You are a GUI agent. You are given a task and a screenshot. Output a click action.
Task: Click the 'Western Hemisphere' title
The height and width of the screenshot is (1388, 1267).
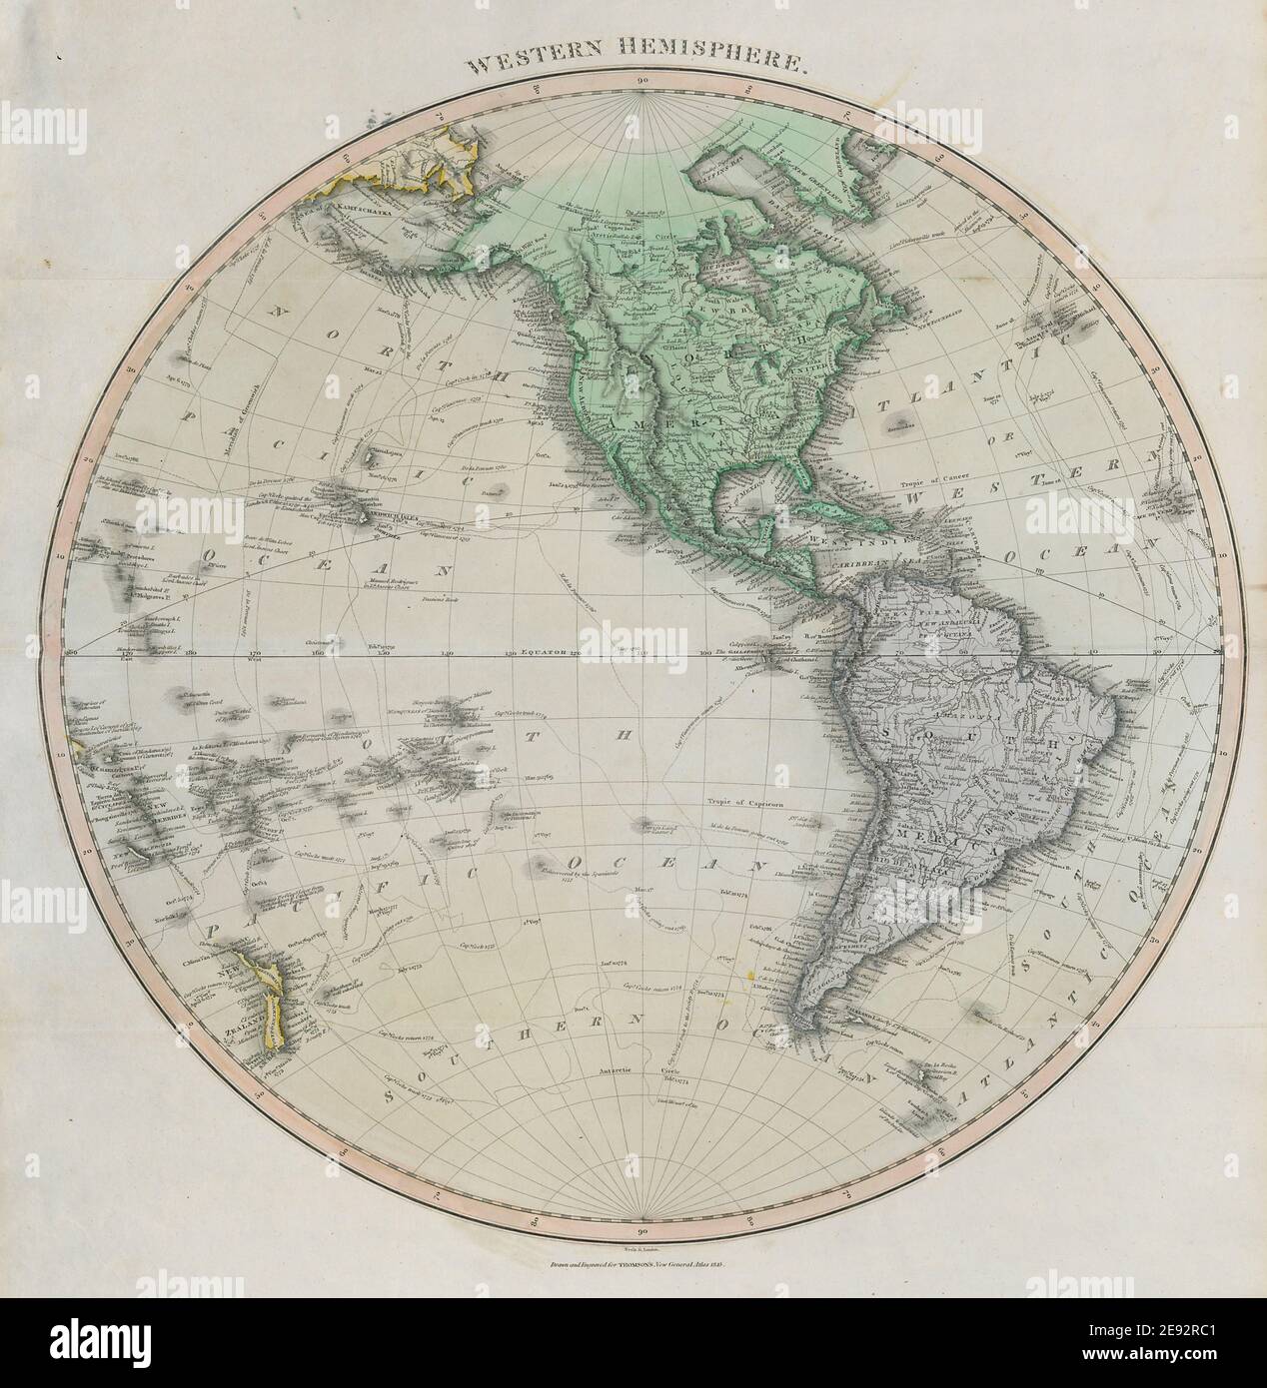tap(633, 67)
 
